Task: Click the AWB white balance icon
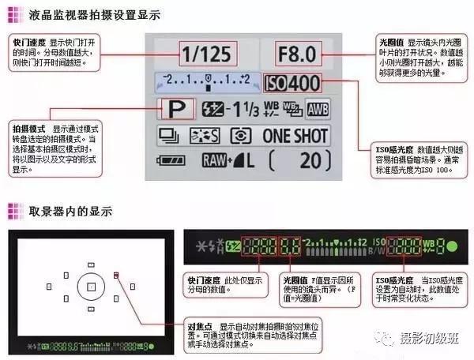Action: pos(318,110)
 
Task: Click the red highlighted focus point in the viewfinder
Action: pos(116,276)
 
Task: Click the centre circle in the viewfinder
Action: pos(91,286)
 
